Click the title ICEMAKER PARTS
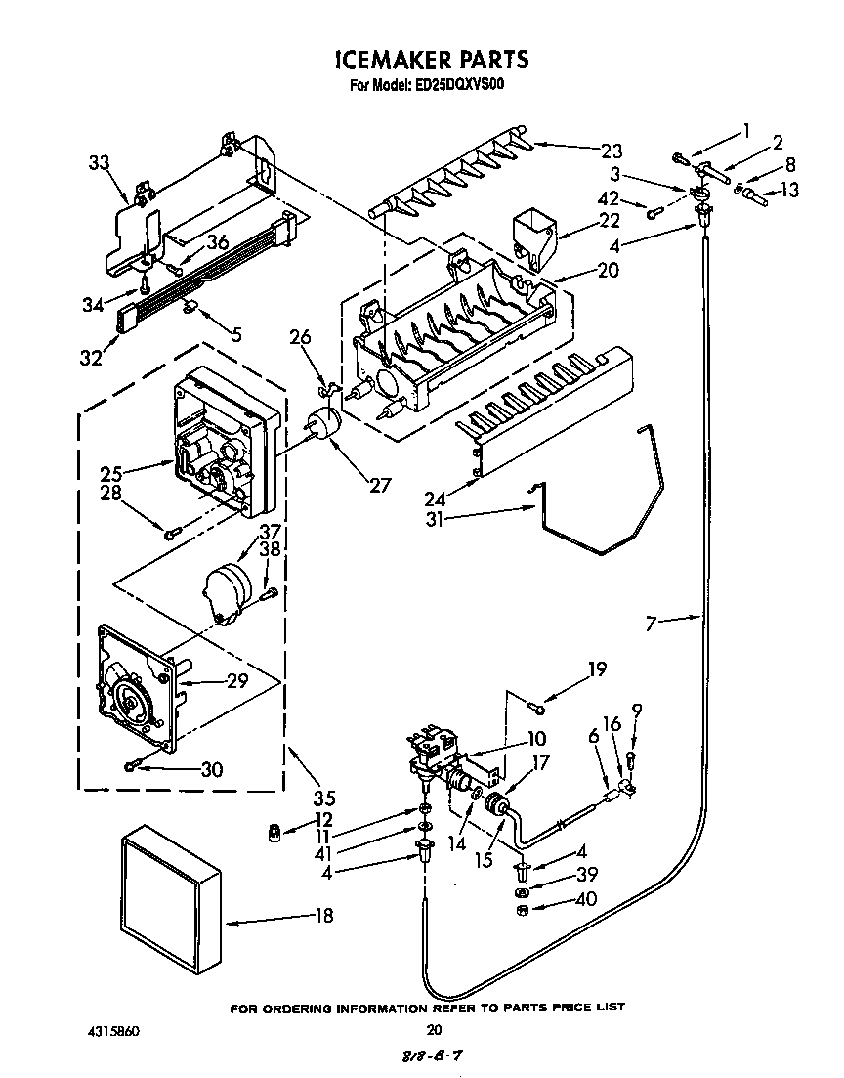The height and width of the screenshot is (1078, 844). pos(431,60)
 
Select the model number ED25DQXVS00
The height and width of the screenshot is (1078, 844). pos(458,86)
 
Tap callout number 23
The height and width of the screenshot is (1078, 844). pos(611,151)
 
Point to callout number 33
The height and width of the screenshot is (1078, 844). pos(99,164)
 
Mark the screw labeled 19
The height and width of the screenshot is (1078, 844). pos(535,705)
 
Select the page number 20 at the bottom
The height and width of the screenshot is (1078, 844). pos(435,1028)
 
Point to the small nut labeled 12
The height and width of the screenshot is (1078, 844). pos(274,832)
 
